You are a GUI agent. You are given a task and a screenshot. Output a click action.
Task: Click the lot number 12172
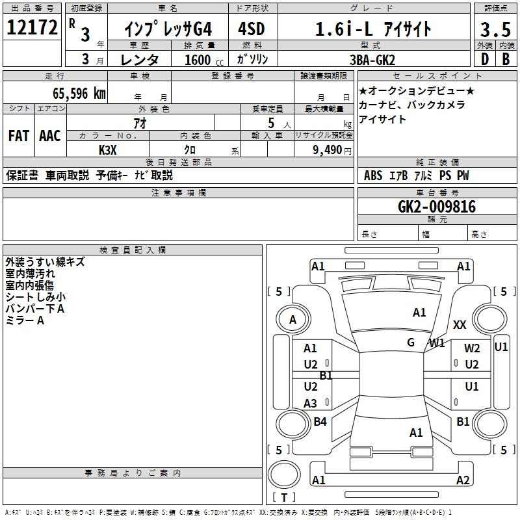[x=32, y=27]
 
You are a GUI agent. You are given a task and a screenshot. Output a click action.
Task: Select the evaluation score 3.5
[x=495, y=29]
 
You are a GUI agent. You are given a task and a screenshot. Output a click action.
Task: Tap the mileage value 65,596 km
[x=79, y=94]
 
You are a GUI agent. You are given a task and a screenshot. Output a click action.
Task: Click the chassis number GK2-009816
[x=437, y=207]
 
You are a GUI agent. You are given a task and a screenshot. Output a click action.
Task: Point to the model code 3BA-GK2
[x=372, y=60]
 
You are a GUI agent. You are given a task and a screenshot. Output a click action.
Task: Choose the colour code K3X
[x=108, y=150]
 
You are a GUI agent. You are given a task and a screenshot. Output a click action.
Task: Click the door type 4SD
[x=252, y=29]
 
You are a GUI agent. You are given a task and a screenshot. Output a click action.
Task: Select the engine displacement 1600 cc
[x=204, y=60]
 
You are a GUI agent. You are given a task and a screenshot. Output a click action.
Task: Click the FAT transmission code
[x=19, y=136]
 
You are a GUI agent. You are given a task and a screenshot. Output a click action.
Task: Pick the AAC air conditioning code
[x=50, y=136]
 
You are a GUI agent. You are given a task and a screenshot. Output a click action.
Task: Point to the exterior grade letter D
[x=485, y=59]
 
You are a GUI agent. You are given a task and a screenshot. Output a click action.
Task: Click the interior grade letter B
[x=506, y=59]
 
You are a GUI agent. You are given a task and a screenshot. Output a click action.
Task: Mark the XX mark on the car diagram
[x=460, y=324]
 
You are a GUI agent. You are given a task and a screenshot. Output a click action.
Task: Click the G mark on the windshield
[x=411, y=342]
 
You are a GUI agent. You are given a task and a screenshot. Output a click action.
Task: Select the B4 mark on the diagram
[x=320, y=421]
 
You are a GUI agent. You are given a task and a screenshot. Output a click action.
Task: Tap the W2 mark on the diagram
[x=472, y=348]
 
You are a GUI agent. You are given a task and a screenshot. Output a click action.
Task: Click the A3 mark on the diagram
[x=311, y=403]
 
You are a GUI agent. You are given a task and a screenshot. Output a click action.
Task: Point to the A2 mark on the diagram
[x=463, y=480]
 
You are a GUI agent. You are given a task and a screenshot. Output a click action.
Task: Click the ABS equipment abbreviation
[x=373, y=175]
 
